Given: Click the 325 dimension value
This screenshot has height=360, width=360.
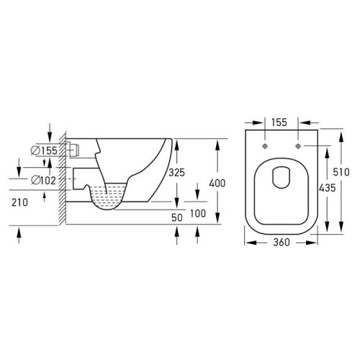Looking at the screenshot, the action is [176, 172].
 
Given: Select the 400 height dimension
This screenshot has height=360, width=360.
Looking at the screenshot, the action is [217, 184].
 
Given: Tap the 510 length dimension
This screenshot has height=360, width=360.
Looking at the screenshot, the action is [341, 172].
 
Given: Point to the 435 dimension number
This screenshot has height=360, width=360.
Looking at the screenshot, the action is [328, 188].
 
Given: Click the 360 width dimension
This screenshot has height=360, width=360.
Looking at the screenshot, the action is [282, 242].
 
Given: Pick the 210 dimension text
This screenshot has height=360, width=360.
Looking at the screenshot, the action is [19, 202].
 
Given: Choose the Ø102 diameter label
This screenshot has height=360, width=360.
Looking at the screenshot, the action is [44, 180].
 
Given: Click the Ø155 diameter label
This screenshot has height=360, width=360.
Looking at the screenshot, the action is [45, 150].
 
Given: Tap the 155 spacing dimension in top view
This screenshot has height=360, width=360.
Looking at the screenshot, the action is [279, 122].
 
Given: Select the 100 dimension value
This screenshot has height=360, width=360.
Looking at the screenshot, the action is [198, 213].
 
